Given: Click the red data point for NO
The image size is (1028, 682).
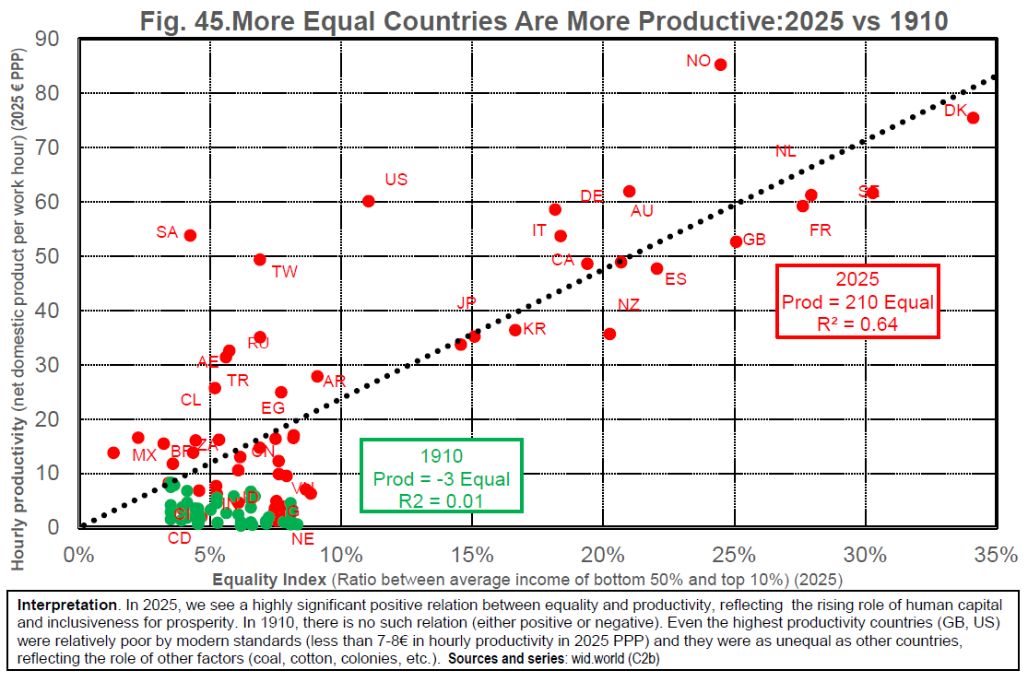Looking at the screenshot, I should pyautogui.click(x=720, y=65).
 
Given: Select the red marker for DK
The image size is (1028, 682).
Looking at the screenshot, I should pyautogui.click(x=973, y=118).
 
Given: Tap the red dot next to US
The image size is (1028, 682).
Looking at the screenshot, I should pyautogui.click(x=369, y=201).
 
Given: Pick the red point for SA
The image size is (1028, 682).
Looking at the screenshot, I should pyautogui.click(x=191, y=235).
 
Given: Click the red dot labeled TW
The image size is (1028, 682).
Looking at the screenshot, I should pyautogui.click(x=260, y=260).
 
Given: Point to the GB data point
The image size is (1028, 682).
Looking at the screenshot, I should pyautogui.click(x=736, y=241).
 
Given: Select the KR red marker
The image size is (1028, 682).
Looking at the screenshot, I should pyautogui.click(x=515, y=329).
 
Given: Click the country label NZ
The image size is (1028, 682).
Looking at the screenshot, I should pyautogui.click(x=629, y=305).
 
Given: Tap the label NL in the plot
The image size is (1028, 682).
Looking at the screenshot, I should pyautogui.click(x=786, y=152).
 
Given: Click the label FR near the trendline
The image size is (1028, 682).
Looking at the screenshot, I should pyautogui.click(x=821, y=230).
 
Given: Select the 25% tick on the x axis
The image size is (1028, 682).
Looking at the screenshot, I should pyautogui.click(x=735, y=555).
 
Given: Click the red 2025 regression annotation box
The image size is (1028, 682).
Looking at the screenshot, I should pyautogui.click(x=857, y=301).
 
